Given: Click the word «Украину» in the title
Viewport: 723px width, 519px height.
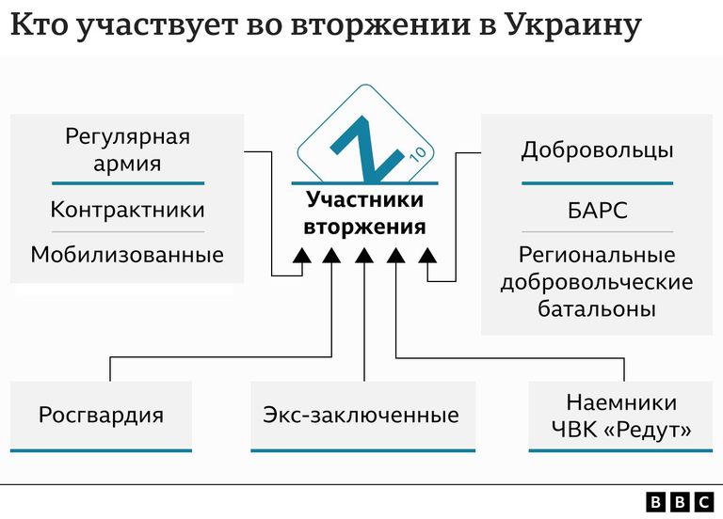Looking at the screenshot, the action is point(573,24).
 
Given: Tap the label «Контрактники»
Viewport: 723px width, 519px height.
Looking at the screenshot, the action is point(127,210).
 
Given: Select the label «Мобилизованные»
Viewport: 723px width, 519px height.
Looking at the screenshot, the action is point(127,255).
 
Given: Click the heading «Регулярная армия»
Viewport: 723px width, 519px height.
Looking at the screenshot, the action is point(127,150).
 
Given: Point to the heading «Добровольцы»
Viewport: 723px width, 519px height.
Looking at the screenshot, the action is point(597,150).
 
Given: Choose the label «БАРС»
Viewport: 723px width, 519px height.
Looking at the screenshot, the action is point(598,211).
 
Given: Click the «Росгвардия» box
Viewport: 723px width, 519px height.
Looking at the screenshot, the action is point(101,416).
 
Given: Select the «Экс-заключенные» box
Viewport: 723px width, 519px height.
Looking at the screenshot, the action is point(362,416).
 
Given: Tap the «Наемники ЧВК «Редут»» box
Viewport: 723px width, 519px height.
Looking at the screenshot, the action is point(620,416).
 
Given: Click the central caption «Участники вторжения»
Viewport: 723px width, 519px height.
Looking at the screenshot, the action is point(364,213).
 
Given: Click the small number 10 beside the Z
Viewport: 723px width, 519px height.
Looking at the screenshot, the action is point(418,154).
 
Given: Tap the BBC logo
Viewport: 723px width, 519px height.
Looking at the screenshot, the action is point(680,502).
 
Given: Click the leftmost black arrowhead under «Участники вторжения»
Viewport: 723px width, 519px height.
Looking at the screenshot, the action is point(302,256).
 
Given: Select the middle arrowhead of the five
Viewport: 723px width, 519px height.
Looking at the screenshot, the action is point(364,256).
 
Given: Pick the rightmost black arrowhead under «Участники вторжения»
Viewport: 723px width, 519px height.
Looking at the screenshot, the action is point(427,256).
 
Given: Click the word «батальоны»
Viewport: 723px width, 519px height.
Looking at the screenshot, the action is point(597,308).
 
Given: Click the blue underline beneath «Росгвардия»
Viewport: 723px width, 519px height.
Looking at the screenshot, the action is point(101,450).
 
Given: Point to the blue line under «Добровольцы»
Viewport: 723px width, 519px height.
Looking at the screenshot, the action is point(597,183).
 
